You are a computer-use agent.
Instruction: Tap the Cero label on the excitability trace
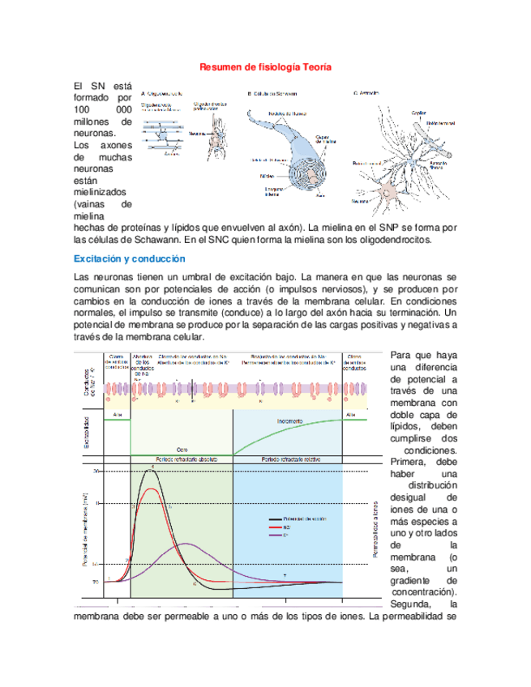point(182,449)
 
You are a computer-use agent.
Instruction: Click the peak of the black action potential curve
point(148,469)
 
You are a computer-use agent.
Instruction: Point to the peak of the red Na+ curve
point(148,489)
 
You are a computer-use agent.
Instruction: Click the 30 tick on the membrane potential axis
point(97,471)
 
